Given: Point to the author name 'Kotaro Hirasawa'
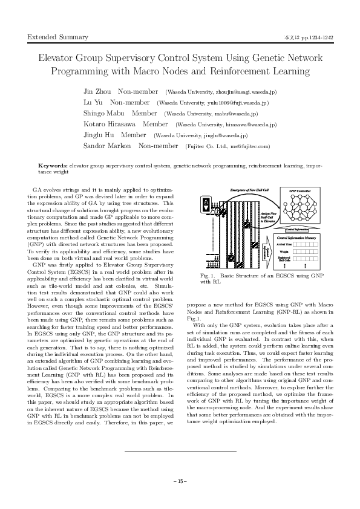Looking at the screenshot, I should (109, 125).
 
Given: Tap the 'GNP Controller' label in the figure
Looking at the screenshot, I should (300, 192).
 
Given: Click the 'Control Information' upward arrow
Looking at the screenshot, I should (300, 230).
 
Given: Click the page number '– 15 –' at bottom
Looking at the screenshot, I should (180, 481).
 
